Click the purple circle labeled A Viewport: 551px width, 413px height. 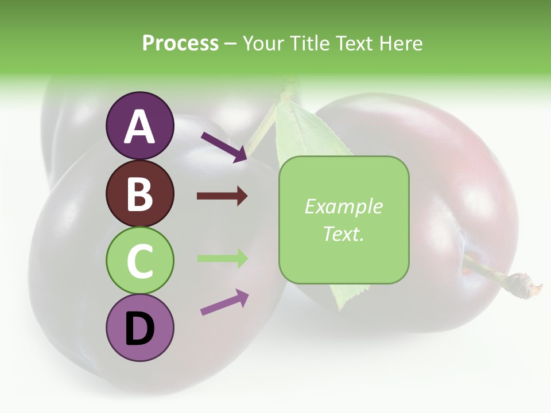(139, 126)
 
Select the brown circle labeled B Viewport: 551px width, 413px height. (139, 194)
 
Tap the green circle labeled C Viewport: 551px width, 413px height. (139, 261)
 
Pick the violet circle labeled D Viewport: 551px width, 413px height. (139, 328)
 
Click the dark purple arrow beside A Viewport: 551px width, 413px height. (224, 147)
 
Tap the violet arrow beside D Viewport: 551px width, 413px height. (224, 302)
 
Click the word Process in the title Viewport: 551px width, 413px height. (180, 43)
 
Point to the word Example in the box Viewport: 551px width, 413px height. (344, 206)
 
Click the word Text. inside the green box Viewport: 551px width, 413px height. (344, 233)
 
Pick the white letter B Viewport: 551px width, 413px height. (139, 194)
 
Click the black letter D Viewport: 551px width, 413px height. (139, 329)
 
